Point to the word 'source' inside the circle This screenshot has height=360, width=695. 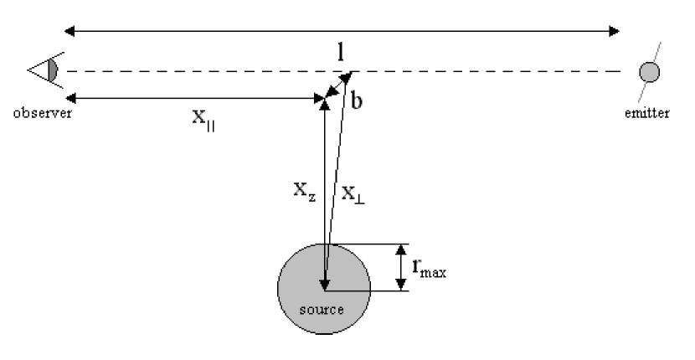pos(322,309)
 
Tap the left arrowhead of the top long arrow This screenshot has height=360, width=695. pos(70,32)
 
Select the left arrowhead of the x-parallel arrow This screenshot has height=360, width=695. pos(70,100)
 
